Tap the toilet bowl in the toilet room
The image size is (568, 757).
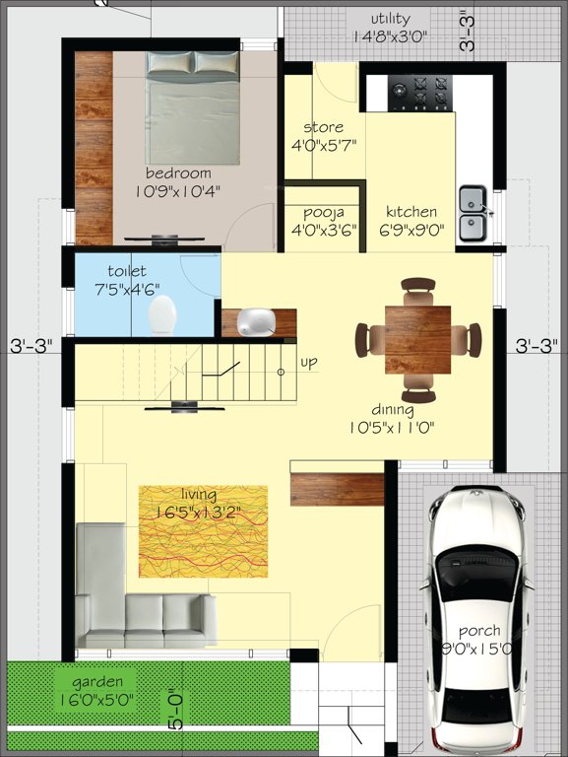[x=162, y=316]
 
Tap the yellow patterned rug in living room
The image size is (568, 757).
[x=203, y=530]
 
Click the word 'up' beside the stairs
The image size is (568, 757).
[x=309, y=363]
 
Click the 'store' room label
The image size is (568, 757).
[x=322, y=127]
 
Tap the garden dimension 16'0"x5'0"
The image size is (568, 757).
[x=96, y=701]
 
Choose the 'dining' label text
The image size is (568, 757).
[x=392, y=409]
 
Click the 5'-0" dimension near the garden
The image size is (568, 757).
[x=177, y=708]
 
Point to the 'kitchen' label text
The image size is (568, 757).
[x=411, y=212]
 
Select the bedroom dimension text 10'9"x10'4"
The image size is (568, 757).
[x=177, y=192]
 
